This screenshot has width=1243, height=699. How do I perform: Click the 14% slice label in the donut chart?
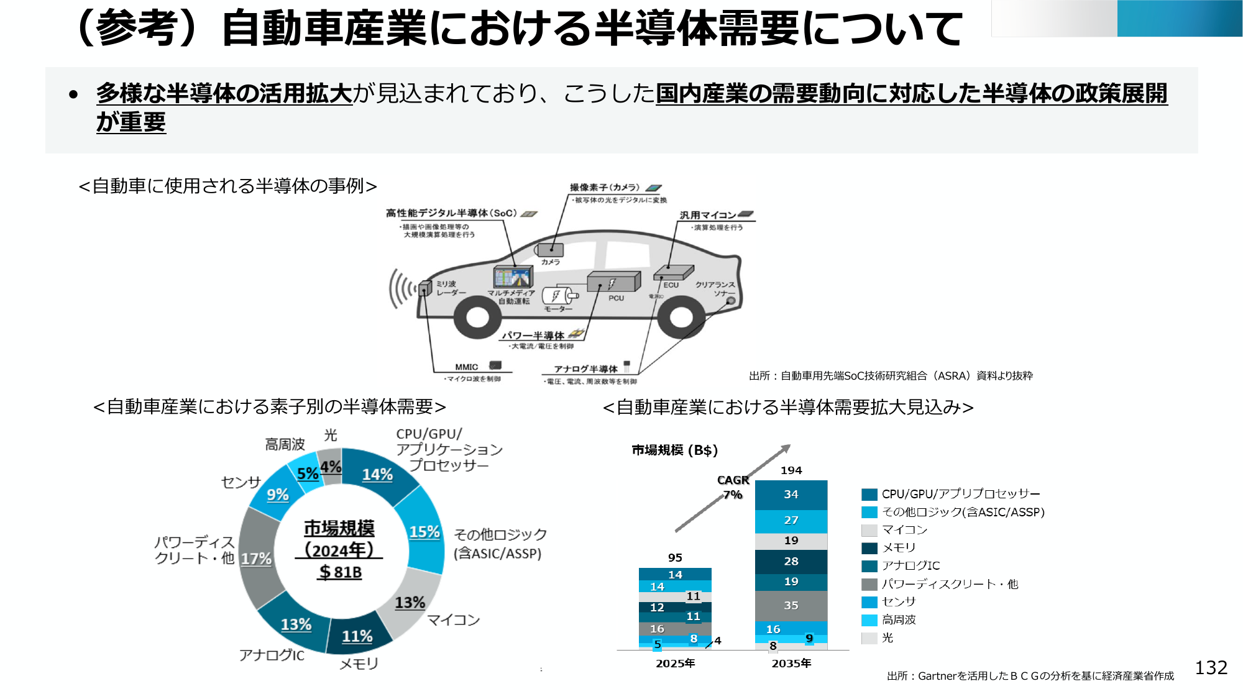(377, 475)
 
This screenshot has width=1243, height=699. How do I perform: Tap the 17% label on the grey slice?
(256, 559)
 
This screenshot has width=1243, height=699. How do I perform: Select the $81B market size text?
(340, 572)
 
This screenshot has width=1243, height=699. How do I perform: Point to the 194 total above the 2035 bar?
(791, 470)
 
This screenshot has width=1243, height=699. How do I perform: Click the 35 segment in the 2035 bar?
(791, 605)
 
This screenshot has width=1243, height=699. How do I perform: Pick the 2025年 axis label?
(675, 664)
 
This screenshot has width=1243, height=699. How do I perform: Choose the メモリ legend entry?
(899, 547)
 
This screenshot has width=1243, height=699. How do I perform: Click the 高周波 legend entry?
(899, 619)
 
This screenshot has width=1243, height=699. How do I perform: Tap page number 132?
(1211, 667)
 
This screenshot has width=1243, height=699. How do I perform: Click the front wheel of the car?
(477, 318)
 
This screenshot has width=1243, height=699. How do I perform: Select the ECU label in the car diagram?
(671, 285)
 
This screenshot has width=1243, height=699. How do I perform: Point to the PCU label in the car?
(616, 298)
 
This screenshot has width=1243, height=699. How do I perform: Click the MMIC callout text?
(466, 367)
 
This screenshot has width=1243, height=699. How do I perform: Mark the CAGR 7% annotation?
(733, 487)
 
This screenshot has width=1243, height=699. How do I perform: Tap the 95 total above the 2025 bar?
(675, 558)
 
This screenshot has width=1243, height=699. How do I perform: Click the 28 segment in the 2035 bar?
(791, 561)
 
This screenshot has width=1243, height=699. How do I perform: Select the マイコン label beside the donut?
(454, 619)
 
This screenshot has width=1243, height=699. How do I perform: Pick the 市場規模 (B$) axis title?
(674, 450)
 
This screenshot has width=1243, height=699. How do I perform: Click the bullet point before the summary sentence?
(74, 95)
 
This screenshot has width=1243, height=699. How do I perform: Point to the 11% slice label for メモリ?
(357, 636)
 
